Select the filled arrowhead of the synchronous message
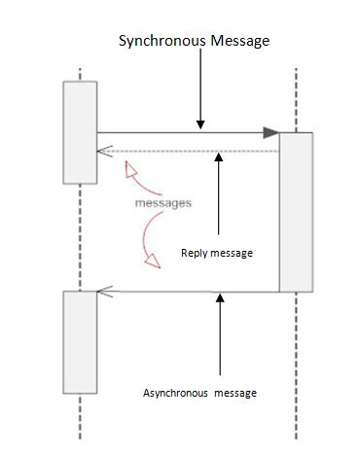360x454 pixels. pyautogui.click(x=271, y=132)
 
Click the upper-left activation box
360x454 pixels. pyautogui.click(x=80, y=132)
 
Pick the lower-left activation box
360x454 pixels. pyautogui.click(x=80, y=341)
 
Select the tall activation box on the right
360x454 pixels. pyautogui.click(x=296, y=212)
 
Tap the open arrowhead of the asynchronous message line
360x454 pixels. pyautogui.click(x=103, y=290)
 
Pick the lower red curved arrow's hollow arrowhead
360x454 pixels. pyautogui.click(x=152, y=259)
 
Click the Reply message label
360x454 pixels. pyautogui.click(x=217, y=253)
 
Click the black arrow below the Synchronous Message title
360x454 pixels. pyautogui.click(x=199, y=92)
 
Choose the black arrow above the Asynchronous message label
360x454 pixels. pyautogui.click(x=220, y=335)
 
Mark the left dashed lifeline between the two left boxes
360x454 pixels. pyautogui.click(x=80, y=236)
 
